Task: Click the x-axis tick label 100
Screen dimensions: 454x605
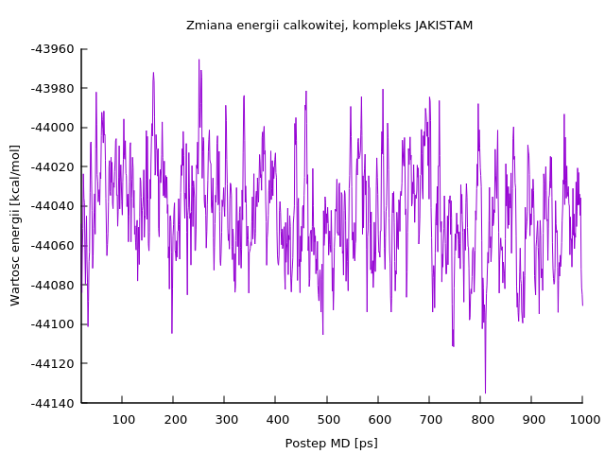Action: pyautogui.click(x=123, y=418)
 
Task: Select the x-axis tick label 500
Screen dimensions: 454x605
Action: pyautogui.click(x=328, y=418)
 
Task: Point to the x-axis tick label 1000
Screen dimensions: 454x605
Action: pyautogui.click(x=582, y=418)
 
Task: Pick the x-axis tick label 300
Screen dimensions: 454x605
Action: pyautogui.click(x=225, y=418)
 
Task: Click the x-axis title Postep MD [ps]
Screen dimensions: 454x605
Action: pyautogui.click(x=331, y=444)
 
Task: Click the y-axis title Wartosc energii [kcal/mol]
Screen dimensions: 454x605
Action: pyautogui.click(x=15, y=225)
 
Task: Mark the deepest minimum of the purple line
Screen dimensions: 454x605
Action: pyautogui.click(x=485, y=393)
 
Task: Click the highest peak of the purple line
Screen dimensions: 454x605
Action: pyautogui.click(x=199, y=60)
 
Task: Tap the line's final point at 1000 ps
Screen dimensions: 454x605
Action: pyautogui.click(x=582, y=305)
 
